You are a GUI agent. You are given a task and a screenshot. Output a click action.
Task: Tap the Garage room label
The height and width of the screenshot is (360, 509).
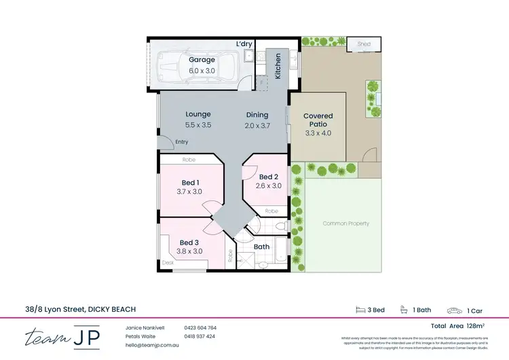click(x=202, y=60)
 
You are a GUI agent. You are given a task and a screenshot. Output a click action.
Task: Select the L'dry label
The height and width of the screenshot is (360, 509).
click(x=244, y=44)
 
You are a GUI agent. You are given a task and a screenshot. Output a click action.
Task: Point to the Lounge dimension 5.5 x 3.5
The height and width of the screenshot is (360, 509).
click(x=198, y=125)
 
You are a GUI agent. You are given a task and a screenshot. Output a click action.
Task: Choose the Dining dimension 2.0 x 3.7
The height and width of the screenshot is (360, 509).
click(x=257, y=125)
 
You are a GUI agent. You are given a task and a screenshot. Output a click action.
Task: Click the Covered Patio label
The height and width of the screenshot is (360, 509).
click(x=318, y=120)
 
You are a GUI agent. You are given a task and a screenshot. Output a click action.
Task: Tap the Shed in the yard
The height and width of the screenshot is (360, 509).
click(x=365, y=44)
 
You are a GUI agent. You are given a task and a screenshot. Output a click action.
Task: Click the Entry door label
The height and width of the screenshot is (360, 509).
click(x=182, y=142)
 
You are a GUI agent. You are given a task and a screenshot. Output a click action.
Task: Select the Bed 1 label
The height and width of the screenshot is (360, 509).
click(x=190, y=182)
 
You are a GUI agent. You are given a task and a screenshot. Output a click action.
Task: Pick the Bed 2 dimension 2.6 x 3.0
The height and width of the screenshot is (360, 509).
click(x=268, y=185)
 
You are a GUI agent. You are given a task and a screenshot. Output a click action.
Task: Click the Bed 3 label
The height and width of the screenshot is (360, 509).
click(x=189, y=242)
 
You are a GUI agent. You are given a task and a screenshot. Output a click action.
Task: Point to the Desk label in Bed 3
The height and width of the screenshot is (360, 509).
click(x=168, y=262)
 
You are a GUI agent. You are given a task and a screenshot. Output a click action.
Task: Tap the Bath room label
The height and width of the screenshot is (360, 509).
click(x=261, y=247)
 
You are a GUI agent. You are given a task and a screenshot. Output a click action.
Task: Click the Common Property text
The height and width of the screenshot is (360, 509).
click(x=345, y=223)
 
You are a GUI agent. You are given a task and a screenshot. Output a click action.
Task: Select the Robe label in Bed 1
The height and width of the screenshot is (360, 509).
click(x=189, y=160)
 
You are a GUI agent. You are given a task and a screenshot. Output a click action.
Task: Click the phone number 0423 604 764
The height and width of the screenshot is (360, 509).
click(x=200, y=328)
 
